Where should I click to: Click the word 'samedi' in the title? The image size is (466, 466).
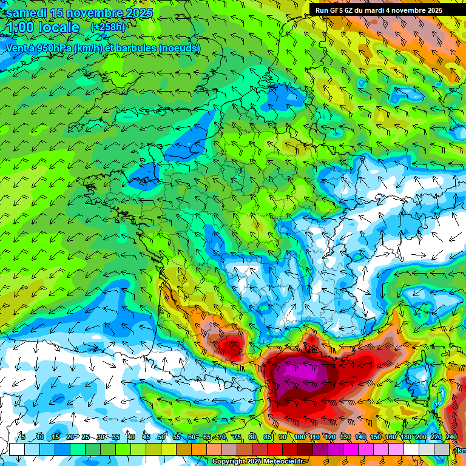click(x=28, y=13)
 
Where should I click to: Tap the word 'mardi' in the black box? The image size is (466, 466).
click(x=376, y=10)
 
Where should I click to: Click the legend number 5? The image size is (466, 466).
click(x=22, y=437)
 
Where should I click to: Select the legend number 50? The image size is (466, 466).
click(x=161, y=437)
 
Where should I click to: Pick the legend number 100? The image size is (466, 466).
click(x=300, y=437)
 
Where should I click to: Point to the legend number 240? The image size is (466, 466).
click(x=451, y=437)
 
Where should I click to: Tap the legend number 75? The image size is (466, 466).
click(x=237, y=437)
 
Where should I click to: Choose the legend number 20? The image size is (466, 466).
click(x=70, y=437)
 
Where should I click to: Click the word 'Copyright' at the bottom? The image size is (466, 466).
click(x=228, y=462)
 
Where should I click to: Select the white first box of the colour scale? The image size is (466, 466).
click(x=16, y=449)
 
